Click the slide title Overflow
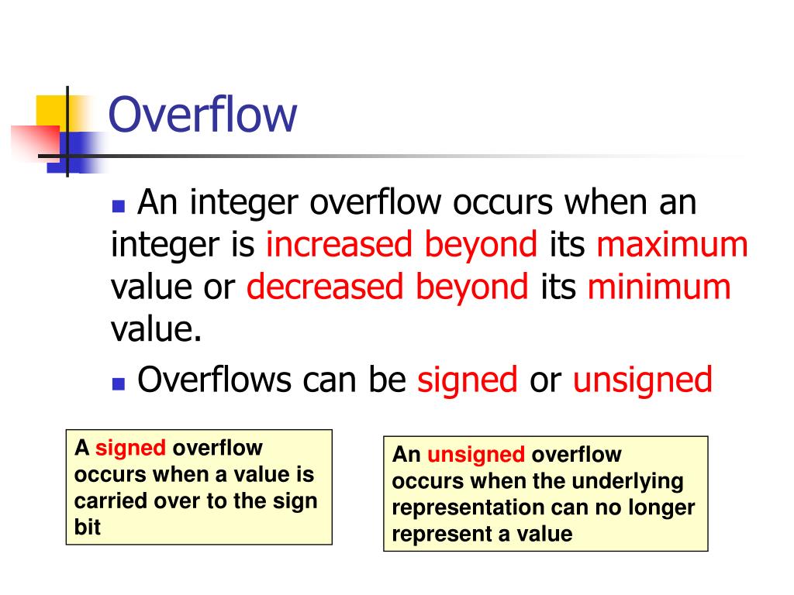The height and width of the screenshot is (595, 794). pyautogui.click(x=202, y=115)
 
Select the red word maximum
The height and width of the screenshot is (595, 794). pyautogui.click(x=672, y=246)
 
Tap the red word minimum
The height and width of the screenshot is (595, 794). pyautogui.click(x=659, y=287)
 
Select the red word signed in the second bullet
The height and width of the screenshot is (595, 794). pyautogui.click(x=468, y=380)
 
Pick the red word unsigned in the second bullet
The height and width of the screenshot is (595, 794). pyautogui.click(x=643, y=380)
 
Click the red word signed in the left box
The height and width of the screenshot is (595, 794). pyautogui.click(x=130, y=448)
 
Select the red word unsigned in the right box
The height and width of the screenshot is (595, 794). pyautogui.click(x=476, y=455)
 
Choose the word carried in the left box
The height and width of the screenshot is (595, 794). pyautogui.click(x=105, y=500)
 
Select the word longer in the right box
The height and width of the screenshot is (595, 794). pyautogui.click(x=660, y=507)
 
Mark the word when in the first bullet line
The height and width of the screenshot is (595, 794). pyautogui.click(x=607, y=204)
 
